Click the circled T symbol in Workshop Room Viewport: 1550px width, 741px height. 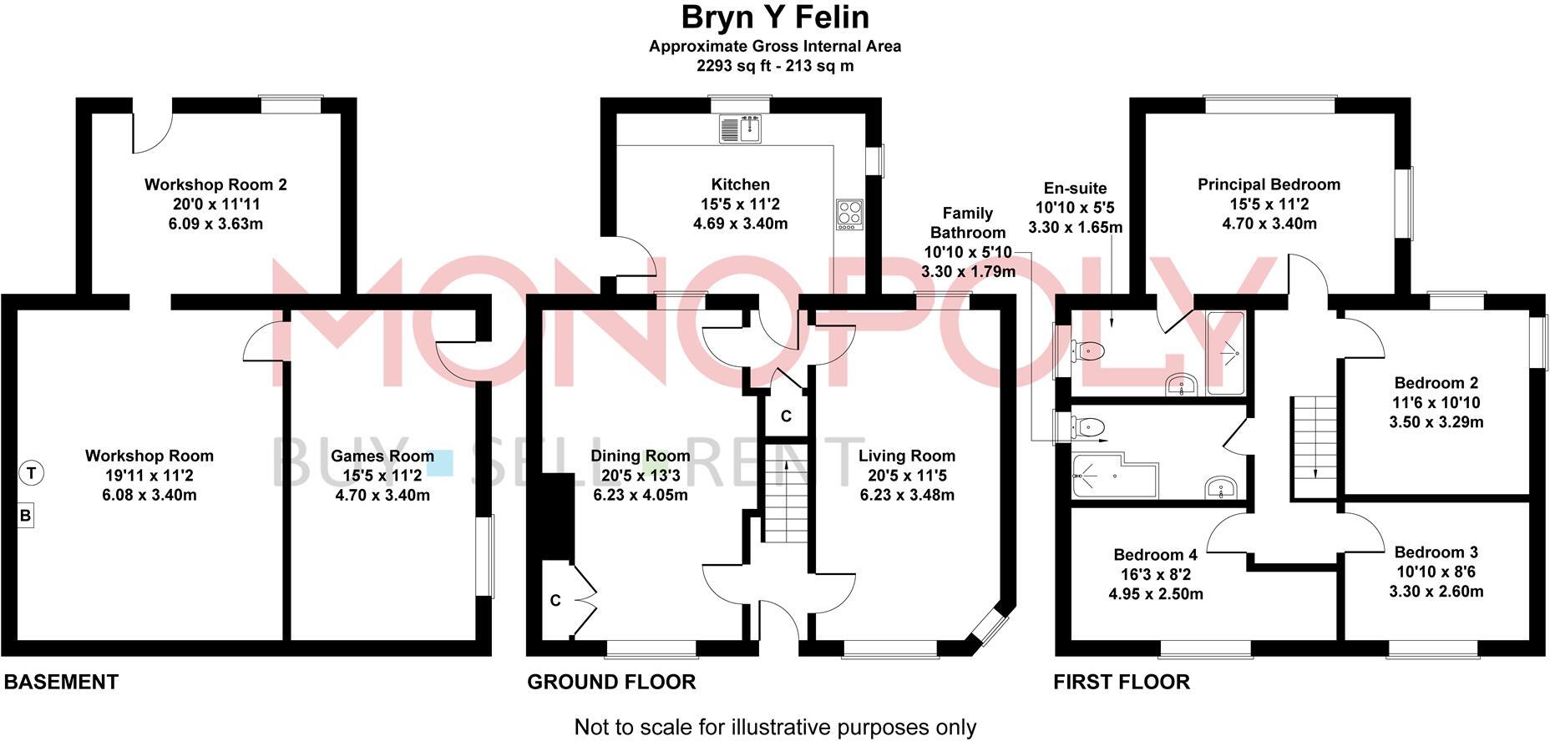(31, 473)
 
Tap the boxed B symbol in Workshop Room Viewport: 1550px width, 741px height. (25, 516)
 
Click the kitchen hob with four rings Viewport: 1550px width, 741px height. (849, 214)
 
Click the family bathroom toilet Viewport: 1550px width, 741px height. (1088, 428)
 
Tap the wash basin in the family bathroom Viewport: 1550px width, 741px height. (1220, 487)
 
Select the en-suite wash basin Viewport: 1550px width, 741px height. (1181, 386)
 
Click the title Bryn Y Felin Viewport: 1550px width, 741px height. (775, 17)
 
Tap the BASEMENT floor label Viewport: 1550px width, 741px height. (61, 682)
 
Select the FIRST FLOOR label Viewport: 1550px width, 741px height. (1121, 682)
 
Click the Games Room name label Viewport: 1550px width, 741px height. (382, 456)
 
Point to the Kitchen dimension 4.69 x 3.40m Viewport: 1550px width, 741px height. (740, 224)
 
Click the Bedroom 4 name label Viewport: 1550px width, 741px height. (1155, 555)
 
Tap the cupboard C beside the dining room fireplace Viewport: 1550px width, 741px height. (555, 601)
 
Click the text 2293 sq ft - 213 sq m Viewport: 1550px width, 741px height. (775, 66)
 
